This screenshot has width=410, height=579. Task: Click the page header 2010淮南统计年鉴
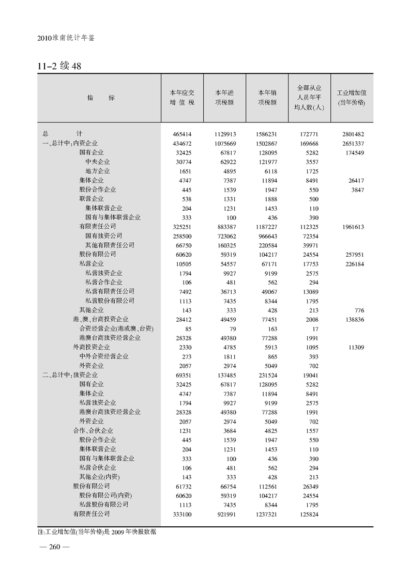(x=67, y=38)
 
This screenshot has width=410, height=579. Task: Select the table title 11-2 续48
(x=60, y=67)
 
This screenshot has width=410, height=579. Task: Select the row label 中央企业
(x=98, y=162)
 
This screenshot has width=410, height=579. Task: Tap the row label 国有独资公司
(x=104, y=236)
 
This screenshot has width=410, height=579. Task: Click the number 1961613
(x=352, y=227)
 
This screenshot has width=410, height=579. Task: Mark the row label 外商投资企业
(x=92, y=347)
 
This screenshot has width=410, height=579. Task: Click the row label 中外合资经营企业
(x=104, y=356)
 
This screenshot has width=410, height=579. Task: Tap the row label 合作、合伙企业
(x=93, y=430)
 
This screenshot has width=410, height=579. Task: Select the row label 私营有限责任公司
(x=110, y=291)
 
